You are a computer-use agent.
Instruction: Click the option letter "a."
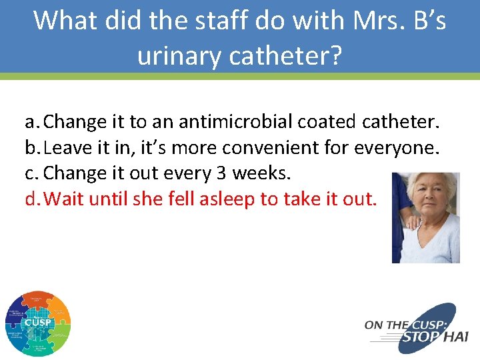[x=33, y=122]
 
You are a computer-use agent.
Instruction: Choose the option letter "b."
[x=34, y=147]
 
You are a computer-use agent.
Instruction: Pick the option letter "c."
[x=33, y=173]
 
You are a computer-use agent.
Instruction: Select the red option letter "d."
[x=34, y=199]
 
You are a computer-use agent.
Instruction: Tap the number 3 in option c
[x=221, y=173]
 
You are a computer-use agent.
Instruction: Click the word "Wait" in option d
[x=63, y=199]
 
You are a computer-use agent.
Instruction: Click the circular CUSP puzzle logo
[x=37, y=323]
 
